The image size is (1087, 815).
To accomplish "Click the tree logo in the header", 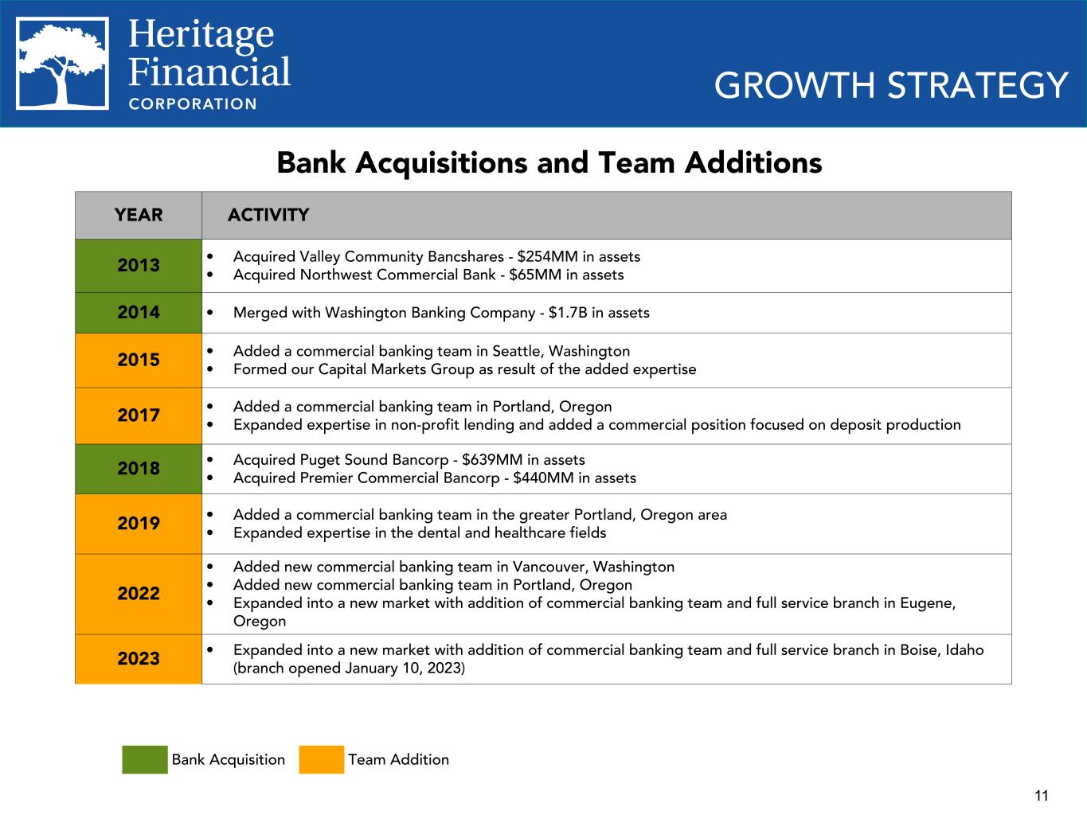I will (x=63, y=64).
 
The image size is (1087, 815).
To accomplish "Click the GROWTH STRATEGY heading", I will (x=890, y=85).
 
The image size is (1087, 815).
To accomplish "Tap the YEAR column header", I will (x=139, y=215).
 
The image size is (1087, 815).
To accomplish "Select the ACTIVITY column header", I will (x=268, y=215).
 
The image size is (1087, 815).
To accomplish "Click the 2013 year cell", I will (x=139, y=265).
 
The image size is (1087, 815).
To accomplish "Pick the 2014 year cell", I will (x=139, y=312).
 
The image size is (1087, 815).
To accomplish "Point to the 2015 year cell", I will (x=139, y=360).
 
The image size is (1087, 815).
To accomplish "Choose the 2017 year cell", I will (x=139, y=415).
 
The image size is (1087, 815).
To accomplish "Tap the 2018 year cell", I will (x=139, y=468).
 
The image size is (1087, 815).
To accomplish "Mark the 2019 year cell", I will (x=139, y=523).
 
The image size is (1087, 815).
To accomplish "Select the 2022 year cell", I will (x=139, y=593).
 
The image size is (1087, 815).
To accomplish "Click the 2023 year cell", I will (x=139, y=658).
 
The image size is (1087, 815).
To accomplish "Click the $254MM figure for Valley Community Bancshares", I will (x=547, y=256).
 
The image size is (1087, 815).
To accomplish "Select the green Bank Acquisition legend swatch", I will (x=144, y=759).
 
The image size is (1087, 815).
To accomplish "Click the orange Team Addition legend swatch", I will (x=321, y=759).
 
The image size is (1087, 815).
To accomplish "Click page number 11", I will (x=1042, y=795).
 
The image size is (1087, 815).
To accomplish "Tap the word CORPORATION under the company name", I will (x=193, y=103).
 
